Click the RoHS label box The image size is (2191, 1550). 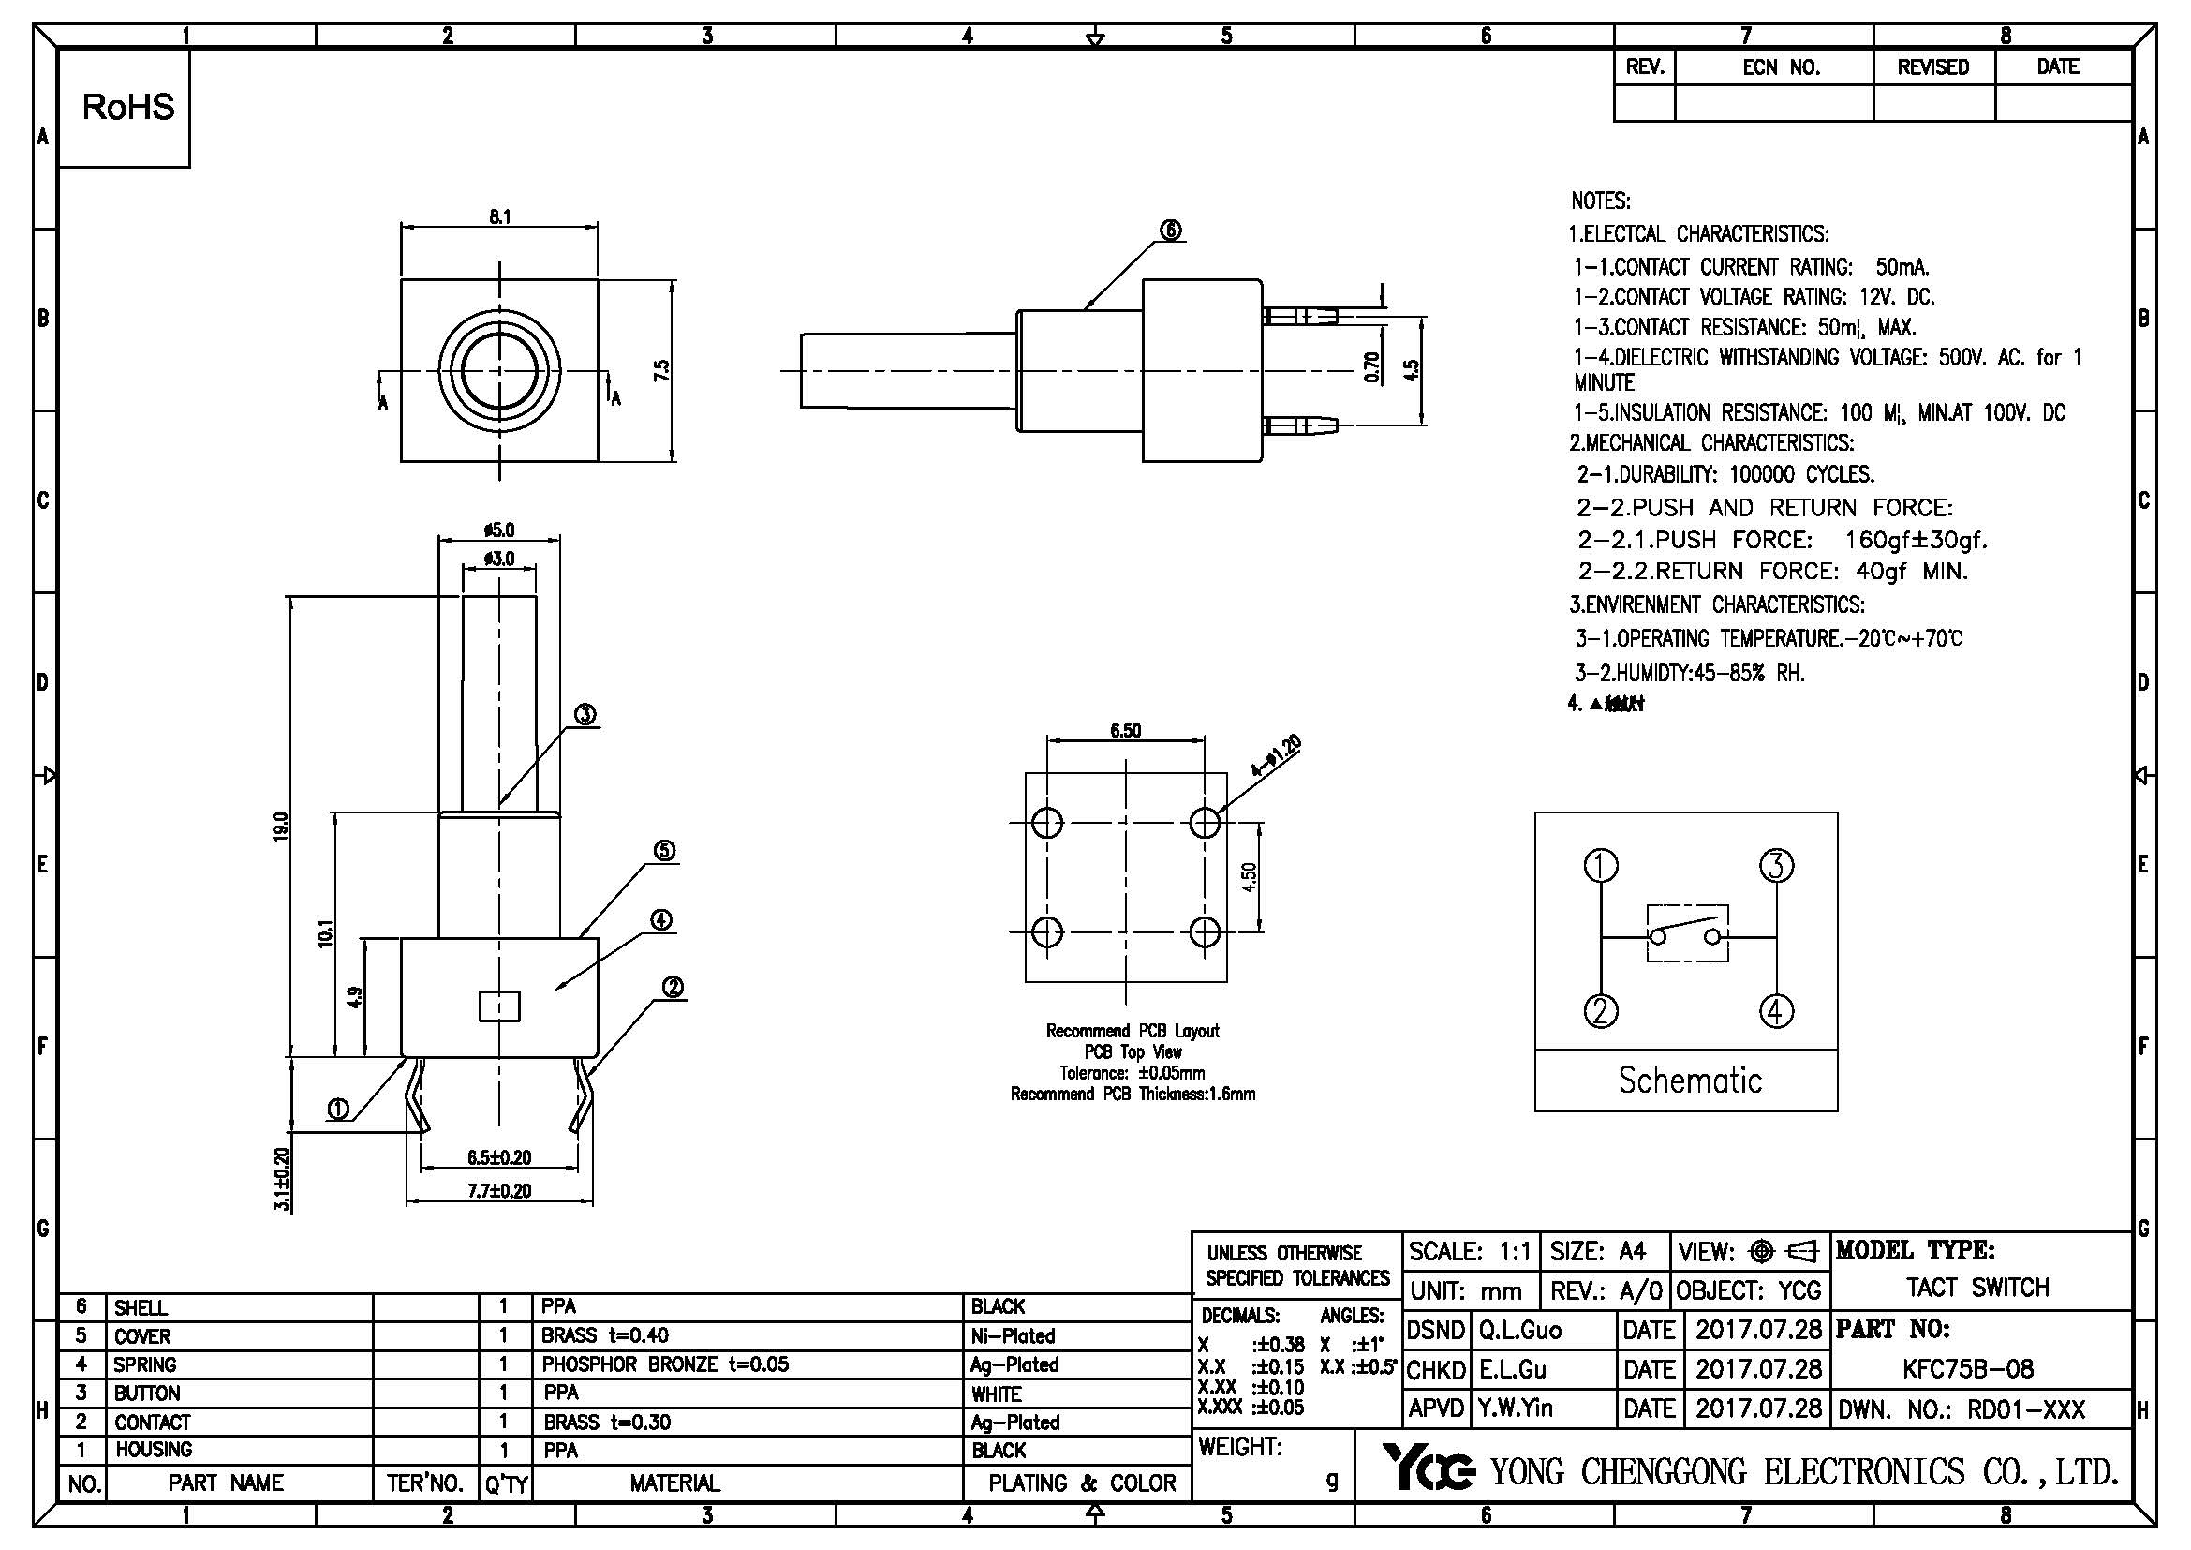click(x=128, y=108)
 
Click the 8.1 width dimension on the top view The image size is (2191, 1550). click(x=500, y=216)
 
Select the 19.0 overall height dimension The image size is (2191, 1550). click(x=279, y=826)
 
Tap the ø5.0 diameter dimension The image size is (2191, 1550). click(x=499, y=529)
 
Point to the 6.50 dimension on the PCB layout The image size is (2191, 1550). click(x=1125, y=731)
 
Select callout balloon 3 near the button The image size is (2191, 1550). click(x=585, y=715)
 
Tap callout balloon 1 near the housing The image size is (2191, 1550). click(x=338, y=1109)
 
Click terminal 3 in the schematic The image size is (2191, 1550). click(x=1776, y=866)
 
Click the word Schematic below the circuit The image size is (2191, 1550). click(x=1689, y=1081)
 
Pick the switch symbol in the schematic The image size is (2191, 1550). click(x=1687, y=933)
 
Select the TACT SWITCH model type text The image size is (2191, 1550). click(x=1977, y=1288)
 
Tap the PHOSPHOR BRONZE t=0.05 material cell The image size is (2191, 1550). click(x=665, y=1364)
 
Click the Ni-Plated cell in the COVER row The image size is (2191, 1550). click(x=1013, y=1336)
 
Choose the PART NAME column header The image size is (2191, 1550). click(x=226, y=1483)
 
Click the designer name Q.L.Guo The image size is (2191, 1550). click(x=1520, y=1331)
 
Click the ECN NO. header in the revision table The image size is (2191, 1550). click(x=1781, y=67)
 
